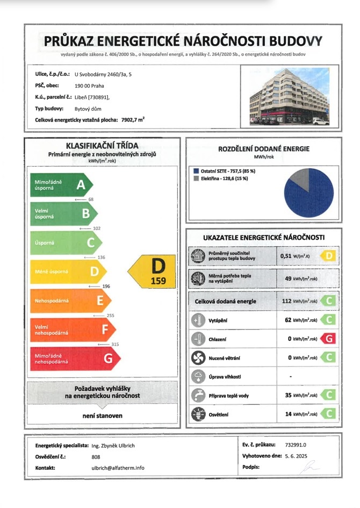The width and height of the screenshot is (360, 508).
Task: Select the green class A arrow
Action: tap(61, 185)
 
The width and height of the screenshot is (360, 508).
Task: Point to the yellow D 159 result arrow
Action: tap(154, 271)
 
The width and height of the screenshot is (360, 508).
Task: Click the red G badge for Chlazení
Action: tap(327, 339)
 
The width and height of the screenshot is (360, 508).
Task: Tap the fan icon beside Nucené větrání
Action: tap(197, 357)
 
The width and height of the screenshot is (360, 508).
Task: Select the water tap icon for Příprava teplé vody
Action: tap(197, 395)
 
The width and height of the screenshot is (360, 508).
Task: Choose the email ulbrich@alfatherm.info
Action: tap(118, 468)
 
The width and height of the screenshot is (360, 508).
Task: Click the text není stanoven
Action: tap(102, 416)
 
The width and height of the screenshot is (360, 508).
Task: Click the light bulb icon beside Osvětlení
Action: tap(197, 414)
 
